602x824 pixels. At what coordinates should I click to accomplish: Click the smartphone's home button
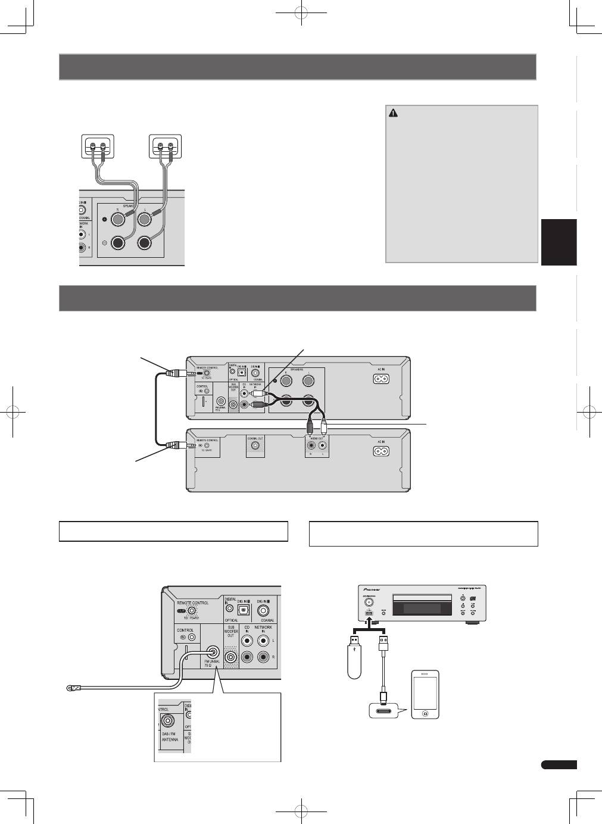pos(425,713)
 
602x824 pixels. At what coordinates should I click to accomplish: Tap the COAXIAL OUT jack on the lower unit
pos(255,445)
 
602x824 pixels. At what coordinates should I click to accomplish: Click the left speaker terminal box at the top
pos(97,145)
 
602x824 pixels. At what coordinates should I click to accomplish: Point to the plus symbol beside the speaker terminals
pos(105,219)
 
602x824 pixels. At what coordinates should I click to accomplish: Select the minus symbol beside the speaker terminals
pos(105,243)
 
